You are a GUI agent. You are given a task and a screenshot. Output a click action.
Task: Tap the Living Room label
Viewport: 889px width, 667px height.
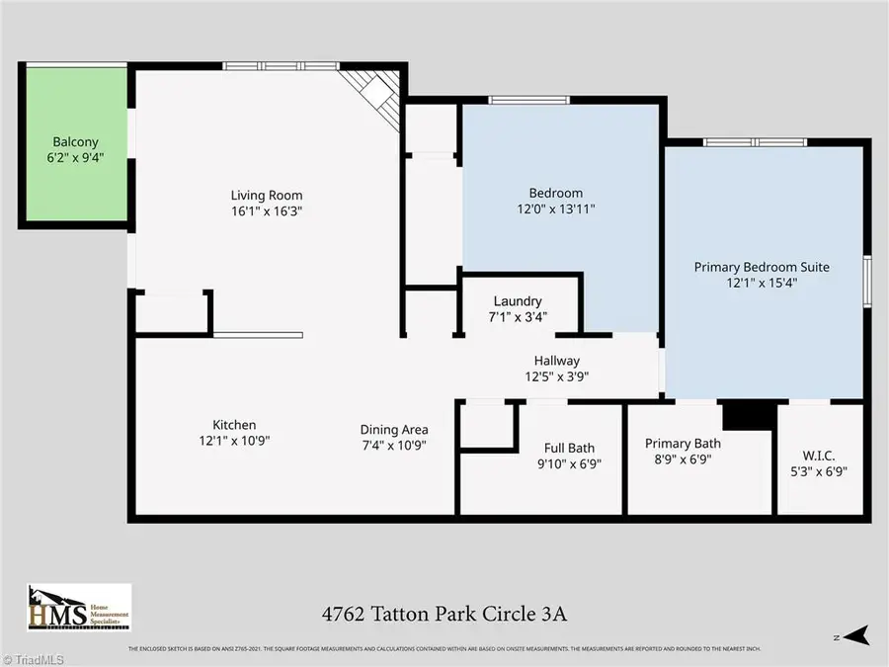[267, 195]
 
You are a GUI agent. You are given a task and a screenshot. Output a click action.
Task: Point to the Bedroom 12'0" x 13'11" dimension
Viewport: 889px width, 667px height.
[557, 208]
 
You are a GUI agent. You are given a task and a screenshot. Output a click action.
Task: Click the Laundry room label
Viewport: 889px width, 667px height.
[518, 301]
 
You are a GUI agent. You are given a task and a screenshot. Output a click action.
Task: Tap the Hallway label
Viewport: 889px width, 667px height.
[557, 361]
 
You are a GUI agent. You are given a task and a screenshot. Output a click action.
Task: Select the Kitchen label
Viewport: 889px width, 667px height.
[234, 425]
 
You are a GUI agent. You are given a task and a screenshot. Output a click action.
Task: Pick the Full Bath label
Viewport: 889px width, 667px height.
[569, 448]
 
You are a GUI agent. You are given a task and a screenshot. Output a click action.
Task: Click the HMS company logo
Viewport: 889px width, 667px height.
[78, 607]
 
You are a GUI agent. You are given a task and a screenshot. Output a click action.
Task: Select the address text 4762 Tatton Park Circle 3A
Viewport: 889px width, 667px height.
[444, 614]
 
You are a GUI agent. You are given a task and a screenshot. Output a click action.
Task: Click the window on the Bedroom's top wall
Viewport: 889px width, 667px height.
[529, 99]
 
